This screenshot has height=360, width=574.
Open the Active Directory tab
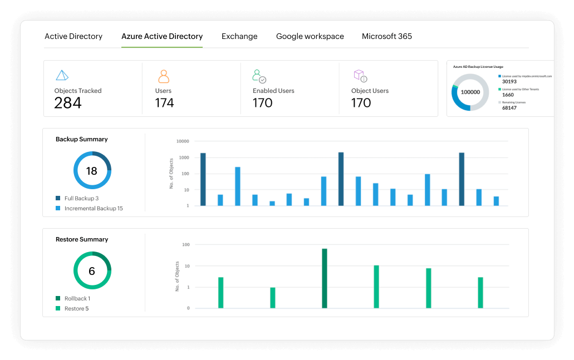(73, 37)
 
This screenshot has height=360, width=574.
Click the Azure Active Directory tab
(162, 37)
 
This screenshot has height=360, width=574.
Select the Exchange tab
(239, 37)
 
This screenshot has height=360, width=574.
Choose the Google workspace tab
(310, 37)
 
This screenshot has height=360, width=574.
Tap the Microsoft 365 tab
(387, 37)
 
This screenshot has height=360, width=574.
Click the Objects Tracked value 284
(68, 103)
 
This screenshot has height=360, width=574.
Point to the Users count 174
(164, 103)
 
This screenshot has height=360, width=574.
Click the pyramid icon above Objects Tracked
(62, 75)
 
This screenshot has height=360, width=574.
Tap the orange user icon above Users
(163, 76)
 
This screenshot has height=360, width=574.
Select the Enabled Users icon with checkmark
(259, 76)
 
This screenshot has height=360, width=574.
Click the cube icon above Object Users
(360, 76)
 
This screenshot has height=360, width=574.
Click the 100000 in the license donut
(470, 92)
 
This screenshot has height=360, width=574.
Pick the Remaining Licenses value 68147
(509, 108)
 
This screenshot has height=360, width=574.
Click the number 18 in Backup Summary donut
(92, 171)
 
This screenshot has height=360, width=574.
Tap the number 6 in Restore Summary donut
(92, 271)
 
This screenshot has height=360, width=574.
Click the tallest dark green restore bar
(325, 278)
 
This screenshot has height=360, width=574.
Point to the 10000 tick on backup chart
(182, 142)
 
